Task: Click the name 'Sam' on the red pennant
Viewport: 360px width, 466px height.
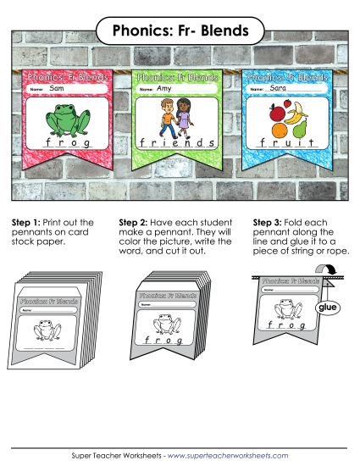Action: click(x=57, y=88)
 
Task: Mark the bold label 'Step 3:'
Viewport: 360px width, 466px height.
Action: click(x=269, y=222)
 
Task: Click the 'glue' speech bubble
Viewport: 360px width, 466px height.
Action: click(x=326, y=308)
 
